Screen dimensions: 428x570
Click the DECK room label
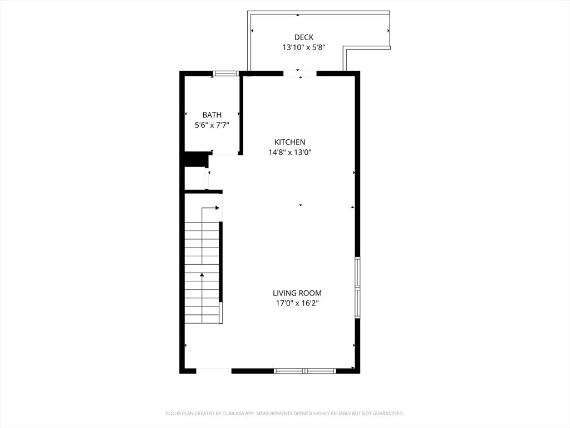pos(303,37)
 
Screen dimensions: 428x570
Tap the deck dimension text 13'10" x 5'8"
pos(303,48)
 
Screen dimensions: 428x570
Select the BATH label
pos(212,115)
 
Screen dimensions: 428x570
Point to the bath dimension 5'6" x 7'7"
pos(212,125)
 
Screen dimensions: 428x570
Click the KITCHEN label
pos(289,142)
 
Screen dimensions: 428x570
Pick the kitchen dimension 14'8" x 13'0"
pos(289,152)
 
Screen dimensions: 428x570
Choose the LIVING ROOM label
pos(297,293)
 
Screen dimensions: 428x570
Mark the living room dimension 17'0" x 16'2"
pos(297,303)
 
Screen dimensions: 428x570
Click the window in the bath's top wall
pos(226,73)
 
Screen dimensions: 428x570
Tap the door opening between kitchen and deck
pos(300,73)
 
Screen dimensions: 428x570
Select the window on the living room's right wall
pos(357,288)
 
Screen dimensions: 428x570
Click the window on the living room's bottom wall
pos(305,371)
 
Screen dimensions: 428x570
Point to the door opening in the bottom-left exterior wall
pos(214,371)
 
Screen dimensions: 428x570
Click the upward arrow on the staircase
pos(202,274)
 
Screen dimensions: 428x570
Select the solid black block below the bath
pos(195,159)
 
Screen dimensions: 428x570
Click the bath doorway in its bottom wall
pos(225,153)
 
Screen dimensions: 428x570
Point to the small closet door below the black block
pos(208,179)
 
